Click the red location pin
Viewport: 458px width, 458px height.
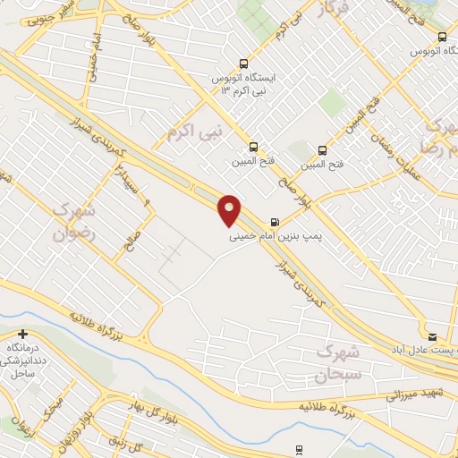[x=231, y=208]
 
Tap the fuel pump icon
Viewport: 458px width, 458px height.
[x=273, y=223]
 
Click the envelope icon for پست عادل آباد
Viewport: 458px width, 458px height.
[x=433, y=337]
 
